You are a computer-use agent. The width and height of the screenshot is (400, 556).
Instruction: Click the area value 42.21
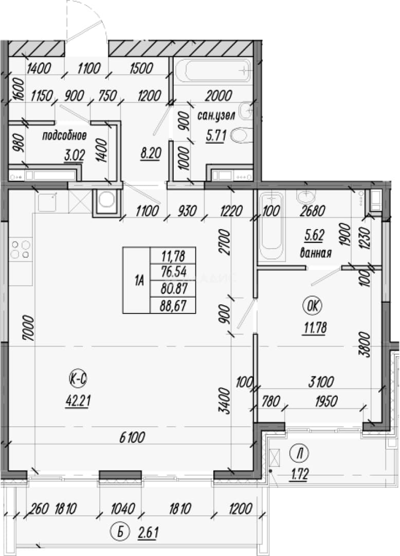pyautogui.click(x=78, y=401)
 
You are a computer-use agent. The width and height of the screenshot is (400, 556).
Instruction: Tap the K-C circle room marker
pyautogui.click(x=78, y=379)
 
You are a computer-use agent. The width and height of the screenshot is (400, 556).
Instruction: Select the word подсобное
pyautogui.click(x=64, y=136)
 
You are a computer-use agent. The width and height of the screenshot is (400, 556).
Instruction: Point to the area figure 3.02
pyautogui.click(x=75, y=155)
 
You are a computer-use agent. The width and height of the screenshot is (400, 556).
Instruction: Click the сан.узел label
pyautogui.click(x=216, y=116)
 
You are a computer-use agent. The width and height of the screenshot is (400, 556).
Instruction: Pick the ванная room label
pyautogui.click(x=315, y=253)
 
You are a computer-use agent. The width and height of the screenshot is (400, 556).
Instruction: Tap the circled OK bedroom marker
pyautogui.click(x=313, y=306)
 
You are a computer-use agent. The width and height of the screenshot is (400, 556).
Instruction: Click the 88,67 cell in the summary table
pyautogui.click(x=173, y=305)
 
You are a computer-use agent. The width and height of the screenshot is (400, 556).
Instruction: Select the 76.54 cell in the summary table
pyautogui.click(x=173, y=272)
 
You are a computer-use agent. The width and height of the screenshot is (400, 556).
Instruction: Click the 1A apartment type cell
pyautogui.click(x=137, y=280)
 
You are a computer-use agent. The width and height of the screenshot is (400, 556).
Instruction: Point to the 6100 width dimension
pyautogui.click(x=132, y=438)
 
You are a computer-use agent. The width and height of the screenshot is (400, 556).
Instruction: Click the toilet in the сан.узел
pyautogui.click(x=241, y=135)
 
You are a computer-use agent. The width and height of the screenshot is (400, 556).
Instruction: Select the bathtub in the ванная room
pyautogui.click(x=272, y=227)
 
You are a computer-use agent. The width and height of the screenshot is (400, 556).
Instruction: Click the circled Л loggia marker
pyautogui.click(x=299, y=454)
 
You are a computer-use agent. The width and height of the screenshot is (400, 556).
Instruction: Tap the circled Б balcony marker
pyautogui.click(x=120, y=532)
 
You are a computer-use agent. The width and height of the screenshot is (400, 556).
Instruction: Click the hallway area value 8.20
pyautogui.click(x=151, y=153)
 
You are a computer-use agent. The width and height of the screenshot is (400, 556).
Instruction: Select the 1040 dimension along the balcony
pyautogui.click(x=123, y=509)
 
